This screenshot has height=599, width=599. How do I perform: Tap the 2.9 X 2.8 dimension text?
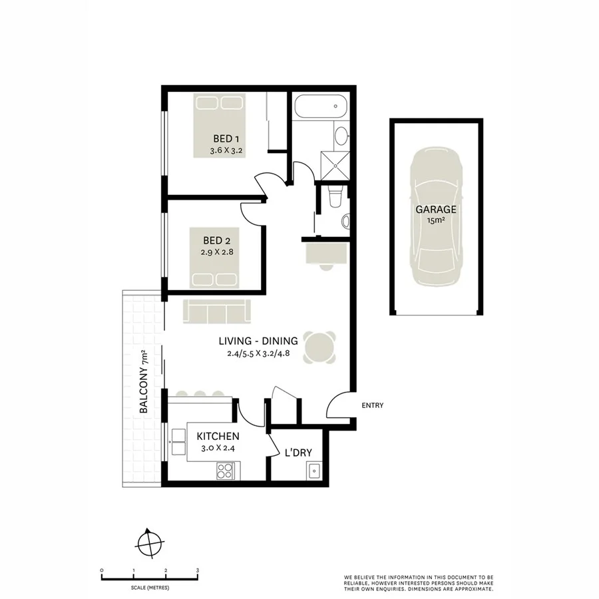pyautogui.click(x=216, y=252)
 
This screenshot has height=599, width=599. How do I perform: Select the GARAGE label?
pyautogui.click(x=436, y=209)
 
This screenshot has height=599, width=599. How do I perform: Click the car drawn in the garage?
pyautogui.click(x=436, y=220)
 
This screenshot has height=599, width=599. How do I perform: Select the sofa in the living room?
pyautogui.click(x=216, y=310)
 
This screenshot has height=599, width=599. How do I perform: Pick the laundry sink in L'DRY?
pyautogui.click(x=313, y=471)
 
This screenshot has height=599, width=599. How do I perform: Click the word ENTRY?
pyautogui.click(x=372, y=405)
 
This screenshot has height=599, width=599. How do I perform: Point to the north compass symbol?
pyautogui.click(x=150, y=543)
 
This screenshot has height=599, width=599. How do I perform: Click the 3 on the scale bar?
pyautogui.click(x=198, y=571)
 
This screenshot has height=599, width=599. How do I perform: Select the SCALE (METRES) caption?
pyautogui.click(x=150, y=587)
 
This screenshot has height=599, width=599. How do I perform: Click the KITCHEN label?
pyautogui.click(x=218, y=436)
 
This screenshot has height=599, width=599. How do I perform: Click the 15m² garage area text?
pyautogui.click(x=436, y=220)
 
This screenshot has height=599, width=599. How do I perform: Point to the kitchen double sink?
pyautogui.click(x=178, y=437)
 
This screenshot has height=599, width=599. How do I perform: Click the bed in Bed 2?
pyautogui.click(x=216, y=276)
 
